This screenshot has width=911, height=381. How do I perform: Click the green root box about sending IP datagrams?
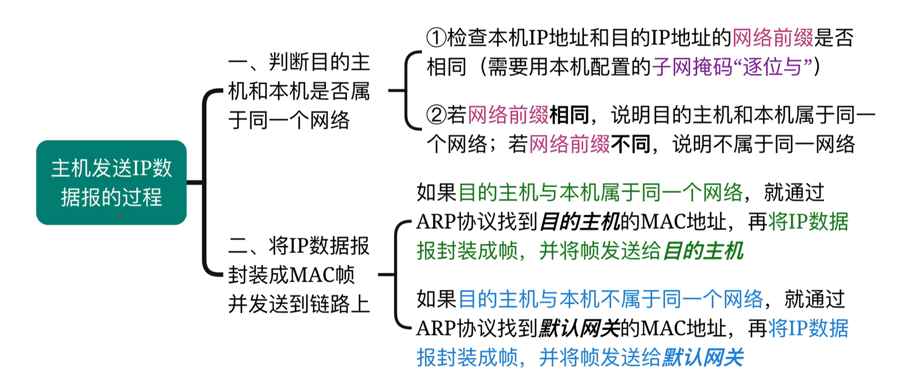(111, 182)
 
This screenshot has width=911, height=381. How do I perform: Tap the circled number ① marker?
(436, 38)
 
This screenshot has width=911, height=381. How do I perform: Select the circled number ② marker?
(436, 115)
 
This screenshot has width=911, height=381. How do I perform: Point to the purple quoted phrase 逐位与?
(772, 67)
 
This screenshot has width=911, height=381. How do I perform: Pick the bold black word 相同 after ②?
(569, 115)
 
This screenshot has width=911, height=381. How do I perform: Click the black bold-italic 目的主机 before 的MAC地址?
(580, 222)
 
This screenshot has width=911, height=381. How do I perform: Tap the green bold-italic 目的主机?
(703, 251)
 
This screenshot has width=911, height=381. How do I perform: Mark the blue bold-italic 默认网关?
(703, 357)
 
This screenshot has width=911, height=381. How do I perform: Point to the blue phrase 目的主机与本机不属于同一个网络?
(610, 299)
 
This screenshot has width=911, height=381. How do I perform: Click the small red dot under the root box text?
(119, 215)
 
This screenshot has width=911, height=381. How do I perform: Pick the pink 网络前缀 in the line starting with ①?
(773, 38)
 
